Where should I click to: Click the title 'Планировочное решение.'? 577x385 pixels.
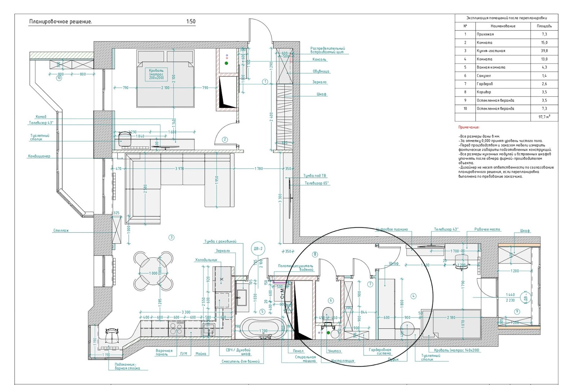(x=61, y=22)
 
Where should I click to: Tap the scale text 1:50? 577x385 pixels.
(x=191, y=22)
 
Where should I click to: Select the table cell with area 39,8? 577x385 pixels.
(x=544, y=51)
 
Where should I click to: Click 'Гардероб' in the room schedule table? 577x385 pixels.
(x=485, y=84)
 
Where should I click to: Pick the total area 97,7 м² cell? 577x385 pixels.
(x=544, y=117)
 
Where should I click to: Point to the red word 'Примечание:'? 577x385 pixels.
(x=469, y=127)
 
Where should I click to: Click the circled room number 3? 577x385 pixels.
(x=172, y=237)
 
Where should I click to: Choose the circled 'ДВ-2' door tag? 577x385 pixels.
(x=258, y=249)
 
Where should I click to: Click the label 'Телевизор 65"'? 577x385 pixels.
(x=316, y=183)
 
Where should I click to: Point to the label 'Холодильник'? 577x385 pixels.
(x=206, y=260)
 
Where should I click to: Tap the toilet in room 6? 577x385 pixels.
(x=327, y=315)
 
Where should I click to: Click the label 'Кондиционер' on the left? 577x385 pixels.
(x=39, y=156)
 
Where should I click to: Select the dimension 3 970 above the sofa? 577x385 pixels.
(x=179, y=169)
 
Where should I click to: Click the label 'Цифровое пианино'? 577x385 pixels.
(x=392, y=229)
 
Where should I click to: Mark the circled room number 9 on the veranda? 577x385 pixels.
(x=517, y=311)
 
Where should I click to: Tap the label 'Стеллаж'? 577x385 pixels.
(x=61, y=231)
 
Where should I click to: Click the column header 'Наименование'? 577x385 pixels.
(x=503, y=26)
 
